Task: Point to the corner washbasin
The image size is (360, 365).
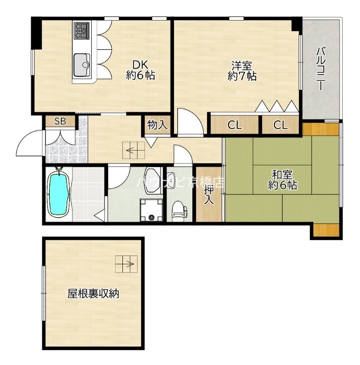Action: pyautogui.click(x=152, y=177)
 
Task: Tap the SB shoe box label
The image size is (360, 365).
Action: pyautogui.click(x=60, y=121)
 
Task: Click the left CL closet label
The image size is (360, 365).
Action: pyautogui.click(x=235, y=125)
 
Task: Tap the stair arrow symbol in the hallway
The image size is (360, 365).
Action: pyautogui.click(x=134, y=150)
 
